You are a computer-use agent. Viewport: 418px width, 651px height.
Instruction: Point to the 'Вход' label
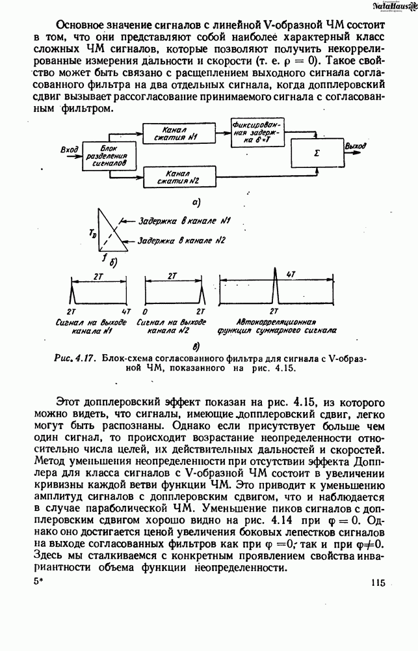pyautogui.click(x=69, y=150)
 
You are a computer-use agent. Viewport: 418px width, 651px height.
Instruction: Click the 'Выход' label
pyautogui.click(x=357, y=146)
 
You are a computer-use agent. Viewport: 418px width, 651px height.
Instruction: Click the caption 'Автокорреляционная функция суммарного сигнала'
pyautogui.click(x=278, y=326)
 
